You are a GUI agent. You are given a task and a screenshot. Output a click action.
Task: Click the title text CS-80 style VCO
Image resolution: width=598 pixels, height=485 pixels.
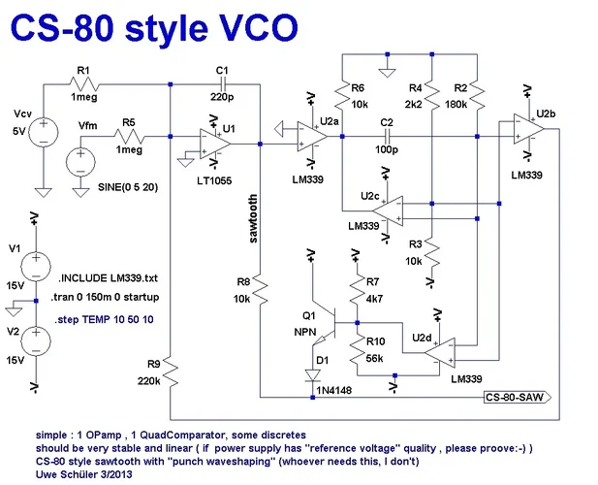pos(154,26)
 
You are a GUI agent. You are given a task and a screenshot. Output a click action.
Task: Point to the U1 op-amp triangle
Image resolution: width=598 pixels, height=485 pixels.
pos(212,145)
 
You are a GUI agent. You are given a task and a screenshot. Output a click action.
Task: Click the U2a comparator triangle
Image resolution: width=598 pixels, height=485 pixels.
pos(312,137)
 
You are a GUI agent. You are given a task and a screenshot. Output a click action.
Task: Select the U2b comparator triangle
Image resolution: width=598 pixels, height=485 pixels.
pos(527,129)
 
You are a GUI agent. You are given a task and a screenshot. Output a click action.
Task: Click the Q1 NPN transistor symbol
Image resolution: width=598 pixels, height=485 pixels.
pos(329,325)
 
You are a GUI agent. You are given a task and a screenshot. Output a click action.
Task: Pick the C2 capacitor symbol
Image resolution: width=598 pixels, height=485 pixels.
pos(387,137)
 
